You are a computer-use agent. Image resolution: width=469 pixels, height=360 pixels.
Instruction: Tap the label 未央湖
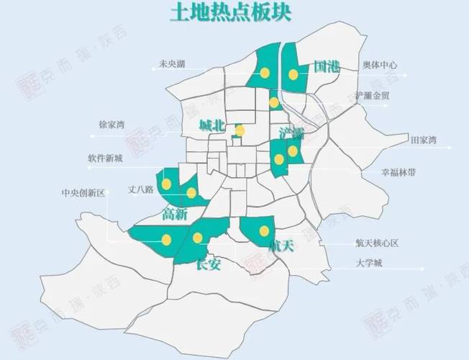172,65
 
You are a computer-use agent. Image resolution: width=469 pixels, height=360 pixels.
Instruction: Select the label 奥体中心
380,65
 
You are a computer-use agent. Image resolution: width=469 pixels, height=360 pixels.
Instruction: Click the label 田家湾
423,140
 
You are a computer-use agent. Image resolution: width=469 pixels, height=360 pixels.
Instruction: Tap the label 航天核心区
377,243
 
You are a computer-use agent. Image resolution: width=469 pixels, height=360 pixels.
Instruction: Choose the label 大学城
369,263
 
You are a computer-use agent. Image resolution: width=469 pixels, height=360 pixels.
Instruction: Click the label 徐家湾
111,125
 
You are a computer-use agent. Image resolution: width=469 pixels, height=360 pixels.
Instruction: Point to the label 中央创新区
83,193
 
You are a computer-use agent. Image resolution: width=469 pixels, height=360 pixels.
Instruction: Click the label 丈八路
141,190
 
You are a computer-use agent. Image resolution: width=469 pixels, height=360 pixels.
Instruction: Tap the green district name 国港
327,68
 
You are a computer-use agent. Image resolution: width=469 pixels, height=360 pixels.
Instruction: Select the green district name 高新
175,214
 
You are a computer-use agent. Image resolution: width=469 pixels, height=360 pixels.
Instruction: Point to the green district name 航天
281,246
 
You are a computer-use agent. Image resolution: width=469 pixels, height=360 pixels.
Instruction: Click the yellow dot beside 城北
240,131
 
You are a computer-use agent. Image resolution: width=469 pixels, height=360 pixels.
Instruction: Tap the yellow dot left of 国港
293,74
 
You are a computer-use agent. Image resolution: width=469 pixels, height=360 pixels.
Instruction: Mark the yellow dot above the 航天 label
264,230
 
